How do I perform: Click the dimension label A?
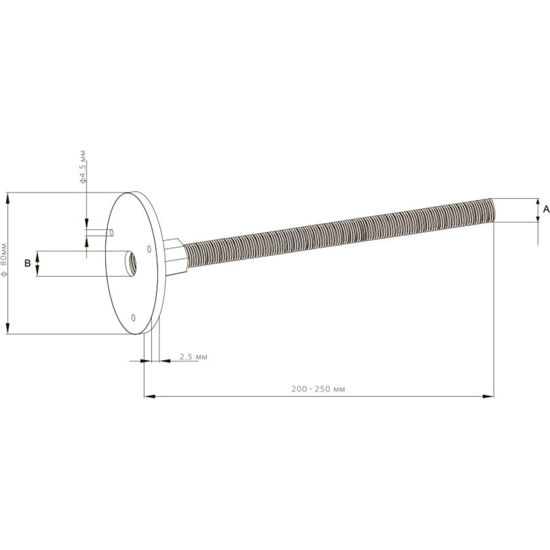pyautogui.click(x=546, y=210)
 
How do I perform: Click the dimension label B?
pyautogui.click(x=28, y=263)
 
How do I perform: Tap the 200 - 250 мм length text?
pyautogui.click(x=318, y=389)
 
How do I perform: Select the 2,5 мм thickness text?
pyautogui.click(x=194, y=357)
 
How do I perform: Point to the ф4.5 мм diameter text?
pyautogui.click(x=83, y=167)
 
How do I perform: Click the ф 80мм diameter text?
pyautogui.click(x=4, y=260)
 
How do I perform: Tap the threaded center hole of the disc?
pyautogui.click(x=131, y=263)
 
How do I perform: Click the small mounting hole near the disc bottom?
pyautogui.click(x=133, y=317)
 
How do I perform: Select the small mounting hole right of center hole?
pyautogui.click(x=149, y=249)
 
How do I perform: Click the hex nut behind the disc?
pyautogui.click(x=175, y=257)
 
